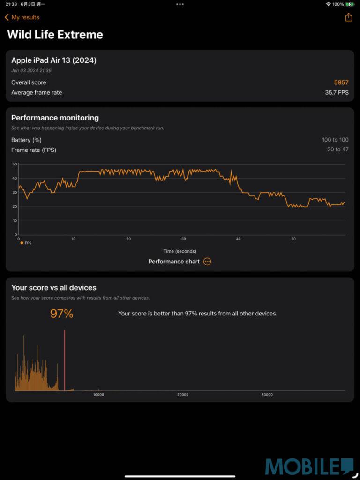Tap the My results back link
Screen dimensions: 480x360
(x=22, y=17)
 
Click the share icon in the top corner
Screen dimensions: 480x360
(x=348, y=17)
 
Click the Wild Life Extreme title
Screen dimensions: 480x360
(x=55, y=35)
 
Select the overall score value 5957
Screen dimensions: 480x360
(x=341, y=82)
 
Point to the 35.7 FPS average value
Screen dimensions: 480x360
(x=337, y=92)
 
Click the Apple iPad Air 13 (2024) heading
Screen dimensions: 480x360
(x=54, y=60)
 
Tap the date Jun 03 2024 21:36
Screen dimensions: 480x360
(x=31, y=71)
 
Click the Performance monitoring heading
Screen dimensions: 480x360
(x=55, y=118)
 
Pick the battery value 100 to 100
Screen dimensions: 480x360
(x=335, y=140)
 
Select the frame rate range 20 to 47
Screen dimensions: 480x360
(x=337, y=150)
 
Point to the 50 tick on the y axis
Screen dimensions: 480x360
(x=15, y=164)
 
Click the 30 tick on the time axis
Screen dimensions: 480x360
(x=183, y=239)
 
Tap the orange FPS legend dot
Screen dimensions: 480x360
(x=22, y=243)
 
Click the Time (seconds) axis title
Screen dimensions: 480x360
(x=180, y=251)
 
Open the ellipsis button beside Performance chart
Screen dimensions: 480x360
(x=207, y=262)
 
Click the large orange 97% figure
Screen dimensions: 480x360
(x=61, y=314)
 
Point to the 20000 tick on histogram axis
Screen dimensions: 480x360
(x=183, y=395)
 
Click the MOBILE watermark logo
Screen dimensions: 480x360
(x=309, y=467)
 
